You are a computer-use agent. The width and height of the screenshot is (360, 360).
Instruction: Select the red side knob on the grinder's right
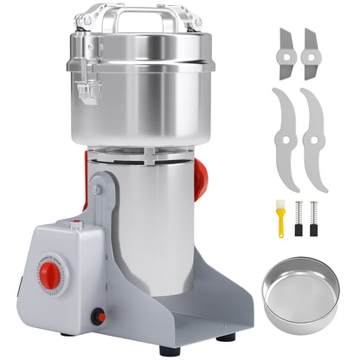[201, 179]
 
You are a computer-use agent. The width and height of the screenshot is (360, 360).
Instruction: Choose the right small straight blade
[309, 52]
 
